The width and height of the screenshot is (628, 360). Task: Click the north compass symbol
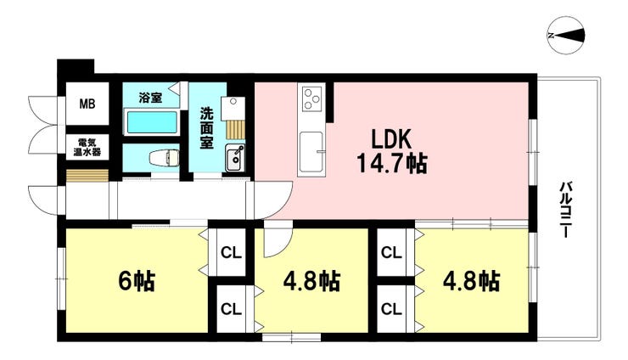pos(565,36)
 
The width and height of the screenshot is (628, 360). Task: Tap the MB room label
pos(87,104)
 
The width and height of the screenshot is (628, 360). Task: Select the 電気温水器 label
pos(87,147)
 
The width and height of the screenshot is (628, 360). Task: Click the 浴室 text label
pos(150,98)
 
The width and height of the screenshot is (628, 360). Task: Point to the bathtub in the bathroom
pos(152,122)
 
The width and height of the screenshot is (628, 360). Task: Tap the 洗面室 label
pos(207,128)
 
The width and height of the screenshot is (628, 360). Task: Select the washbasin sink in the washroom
pos(235,158)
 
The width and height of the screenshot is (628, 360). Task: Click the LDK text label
pos(391,140)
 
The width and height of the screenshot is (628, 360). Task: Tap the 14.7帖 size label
pos(391,163)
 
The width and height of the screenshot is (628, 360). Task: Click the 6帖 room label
pos(137,281)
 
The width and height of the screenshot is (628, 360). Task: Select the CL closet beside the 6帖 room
pos(231,253)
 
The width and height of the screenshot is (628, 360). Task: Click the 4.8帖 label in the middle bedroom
pos(311,281)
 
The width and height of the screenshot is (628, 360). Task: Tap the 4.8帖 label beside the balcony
pos(471,281)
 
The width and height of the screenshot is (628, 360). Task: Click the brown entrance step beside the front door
pos(87,176)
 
